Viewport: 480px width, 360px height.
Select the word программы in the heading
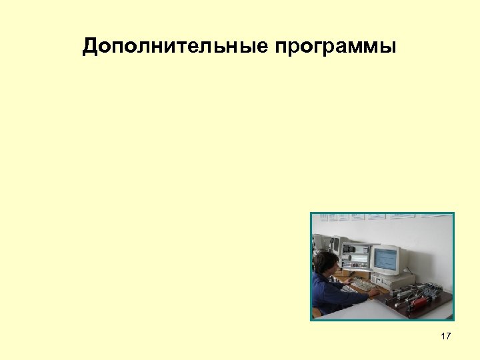point(334,47)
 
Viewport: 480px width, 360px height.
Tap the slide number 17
point(445,336)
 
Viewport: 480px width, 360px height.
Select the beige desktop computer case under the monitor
point(393,281)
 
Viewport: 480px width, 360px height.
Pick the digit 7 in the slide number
point(448,336)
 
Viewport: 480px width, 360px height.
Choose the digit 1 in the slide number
point(443,336)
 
